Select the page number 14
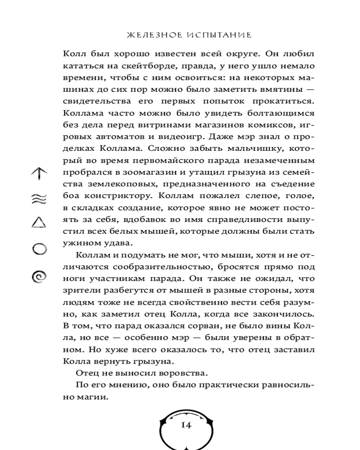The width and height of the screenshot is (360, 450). (186, 425)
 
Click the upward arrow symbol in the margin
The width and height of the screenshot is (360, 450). (39, 173)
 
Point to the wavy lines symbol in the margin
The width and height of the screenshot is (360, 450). (39, 199)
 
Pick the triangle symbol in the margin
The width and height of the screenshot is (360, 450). (39, 222)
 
